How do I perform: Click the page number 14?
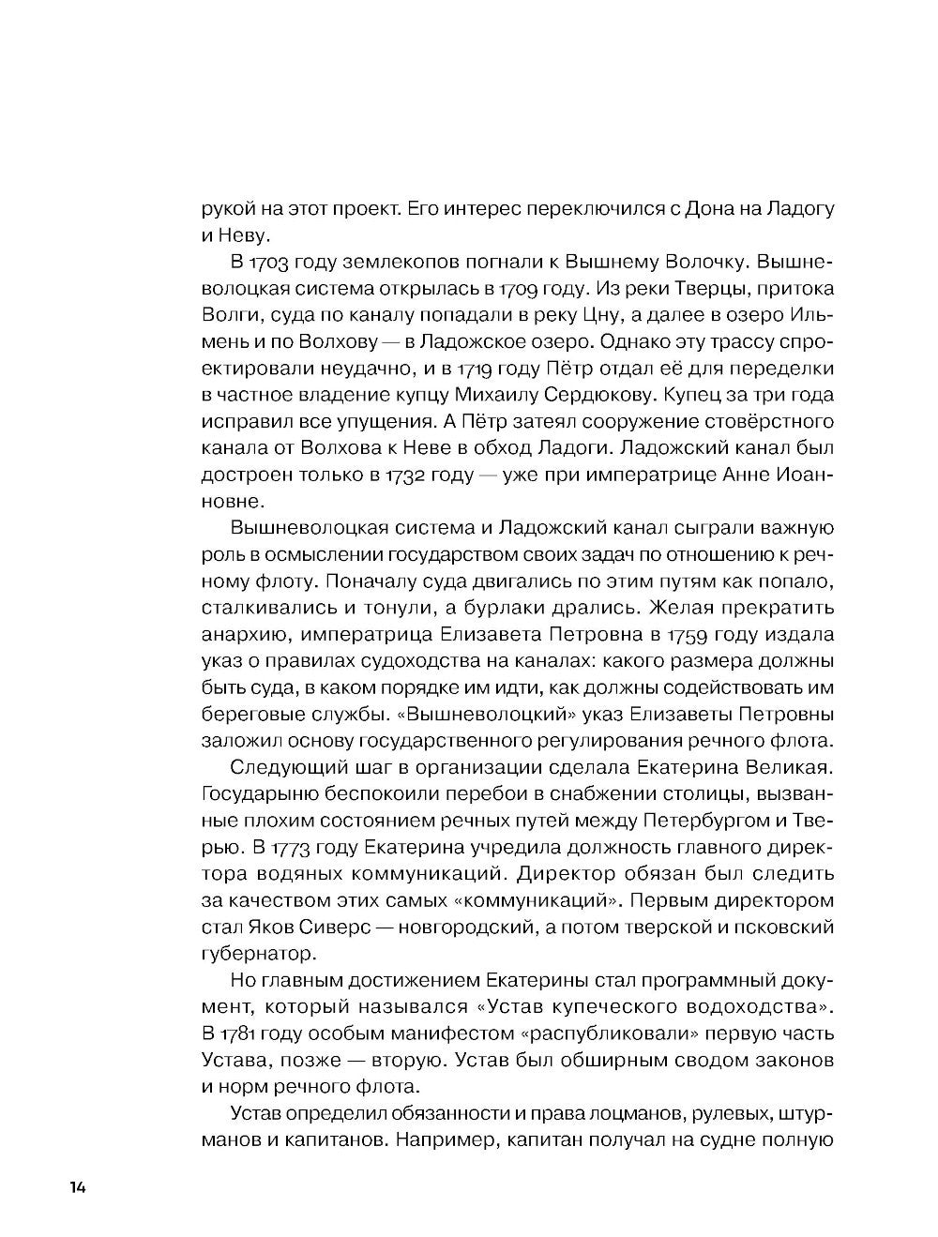pyautogui.click(x=77, y=1186)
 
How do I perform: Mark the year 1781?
pyautogui.click(x=249, y=1033)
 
